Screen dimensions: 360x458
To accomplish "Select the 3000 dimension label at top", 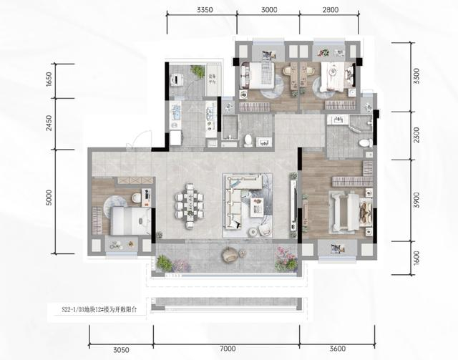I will [x=269, y=11].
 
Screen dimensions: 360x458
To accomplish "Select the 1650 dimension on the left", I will [x=49, y=81].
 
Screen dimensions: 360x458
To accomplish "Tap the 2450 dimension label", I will [x=49, y=123].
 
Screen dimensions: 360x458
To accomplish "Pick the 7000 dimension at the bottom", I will [x=228, y=349].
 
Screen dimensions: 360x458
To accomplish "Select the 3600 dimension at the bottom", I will [x=338, y=349].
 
